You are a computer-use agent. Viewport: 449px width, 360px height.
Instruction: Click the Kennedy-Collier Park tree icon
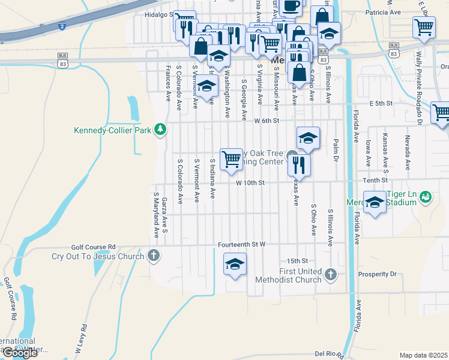click(160, 128)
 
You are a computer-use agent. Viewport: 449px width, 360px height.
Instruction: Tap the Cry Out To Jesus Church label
click(97, 256)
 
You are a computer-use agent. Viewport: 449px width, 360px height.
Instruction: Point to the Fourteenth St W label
click(241, 245)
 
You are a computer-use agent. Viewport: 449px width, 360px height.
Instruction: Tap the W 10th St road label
click(250, 182)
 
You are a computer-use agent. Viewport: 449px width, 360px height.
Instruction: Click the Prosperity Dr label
click(377, 274)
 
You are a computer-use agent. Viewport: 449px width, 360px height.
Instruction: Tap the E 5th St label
click(381, 104)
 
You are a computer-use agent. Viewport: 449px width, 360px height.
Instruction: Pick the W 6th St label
click(267, 121)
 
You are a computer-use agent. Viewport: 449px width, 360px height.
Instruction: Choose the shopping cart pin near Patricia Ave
click(424, 27)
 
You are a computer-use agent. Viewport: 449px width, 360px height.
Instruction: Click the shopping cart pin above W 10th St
click(232, 160)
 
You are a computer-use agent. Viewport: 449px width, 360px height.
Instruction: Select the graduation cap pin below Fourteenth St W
click(235, 264)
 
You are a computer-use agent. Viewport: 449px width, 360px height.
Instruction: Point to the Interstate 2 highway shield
click(62, 26)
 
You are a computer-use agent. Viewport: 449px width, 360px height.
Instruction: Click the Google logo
click(20, 353)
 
